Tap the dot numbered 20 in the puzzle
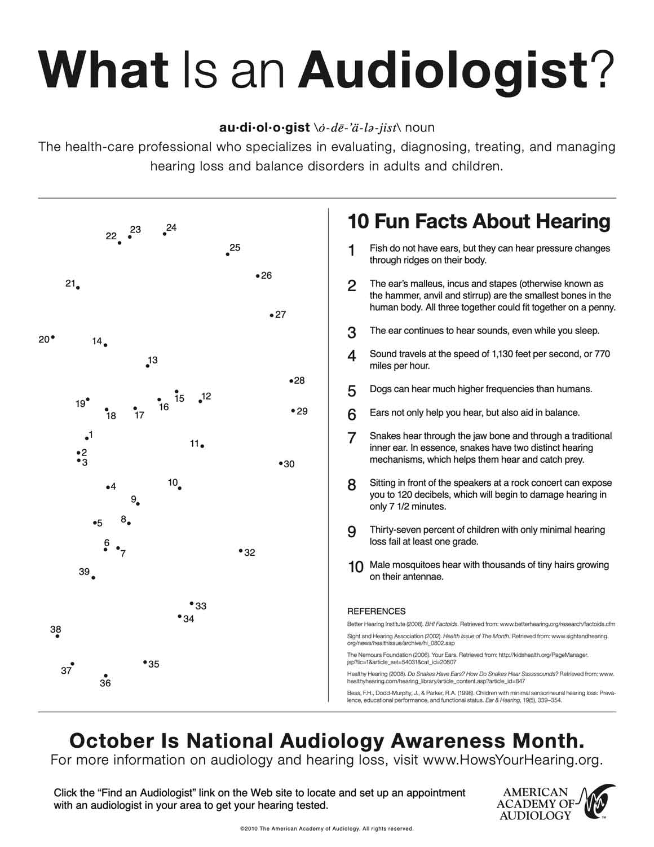[x=53, y=337]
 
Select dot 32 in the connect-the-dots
[x=241, y=551]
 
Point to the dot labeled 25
[x=228, y=254]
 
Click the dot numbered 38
[x=58, y=636]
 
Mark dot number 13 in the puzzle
[x=148, y=366]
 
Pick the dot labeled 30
[x=281, y=463]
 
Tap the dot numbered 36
[x=105, y=675]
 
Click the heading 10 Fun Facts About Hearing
[x=479, y=221]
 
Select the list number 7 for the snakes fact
[x=352, y=438]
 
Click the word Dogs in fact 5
[x=379, y=389]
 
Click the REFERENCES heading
[x=376, y=611]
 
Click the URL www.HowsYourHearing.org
[x=512, y=760]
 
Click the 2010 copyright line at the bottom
[x=326, y=829]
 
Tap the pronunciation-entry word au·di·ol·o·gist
[x=264, y=128]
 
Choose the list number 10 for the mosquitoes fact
[x=355, y=567]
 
